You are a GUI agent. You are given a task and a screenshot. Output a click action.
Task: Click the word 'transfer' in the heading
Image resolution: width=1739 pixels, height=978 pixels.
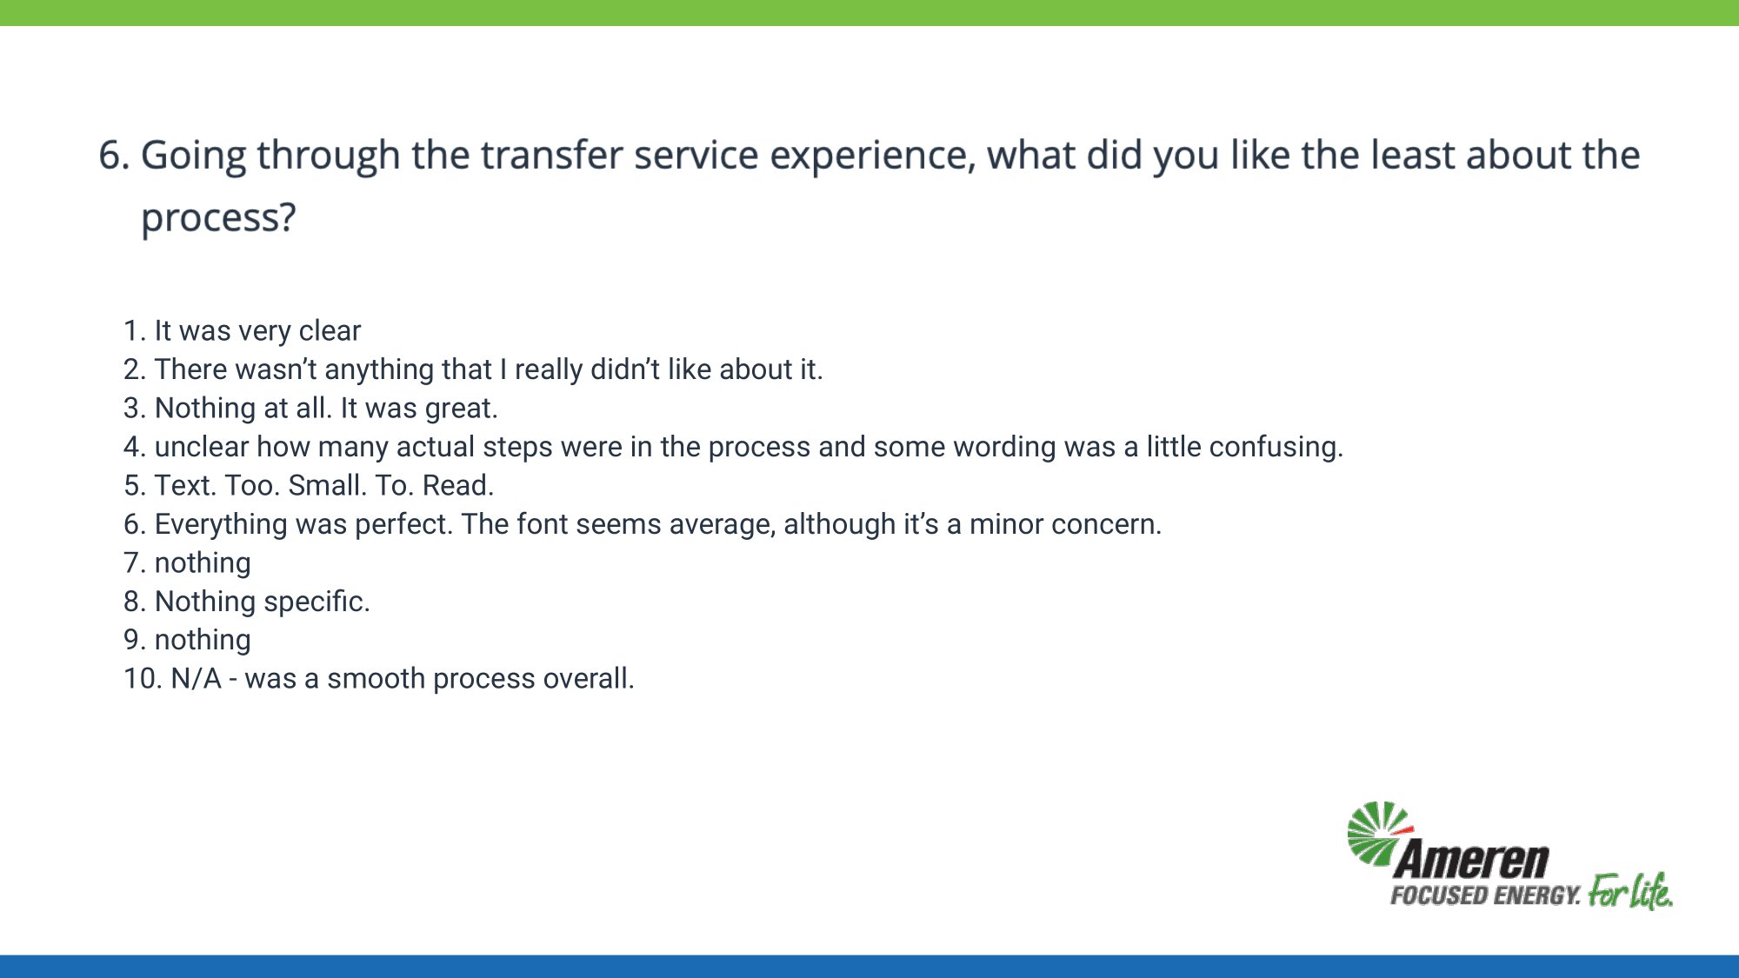(x=550, y=155)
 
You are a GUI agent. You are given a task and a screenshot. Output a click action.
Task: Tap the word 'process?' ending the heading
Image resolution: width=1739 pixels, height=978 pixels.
(x=218, y=218)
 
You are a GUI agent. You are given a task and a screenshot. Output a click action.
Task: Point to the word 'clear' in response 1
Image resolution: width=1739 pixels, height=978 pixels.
(x=330, y=330)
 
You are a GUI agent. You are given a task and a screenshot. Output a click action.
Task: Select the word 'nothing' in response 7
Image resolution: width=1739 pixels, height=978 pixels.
(x=203, y=563)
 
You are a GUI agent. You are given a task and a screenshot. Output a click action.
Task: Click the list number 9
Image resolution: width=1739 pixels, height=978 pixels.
(x=135, y=640)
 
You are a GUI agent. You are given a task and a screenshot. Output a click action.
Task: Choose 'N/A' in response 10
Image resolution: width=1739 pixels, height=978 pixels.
(x=196, y=678)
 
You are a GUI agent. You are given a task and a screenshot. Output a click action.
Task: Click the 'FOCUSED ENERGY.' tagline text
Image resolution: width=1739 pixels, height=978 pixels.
(x=1485, y=895)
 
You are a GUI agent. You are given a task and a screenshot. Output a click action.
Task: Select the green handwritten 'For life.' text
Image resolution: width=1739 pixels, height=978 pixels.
(x=1630, y=891)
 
